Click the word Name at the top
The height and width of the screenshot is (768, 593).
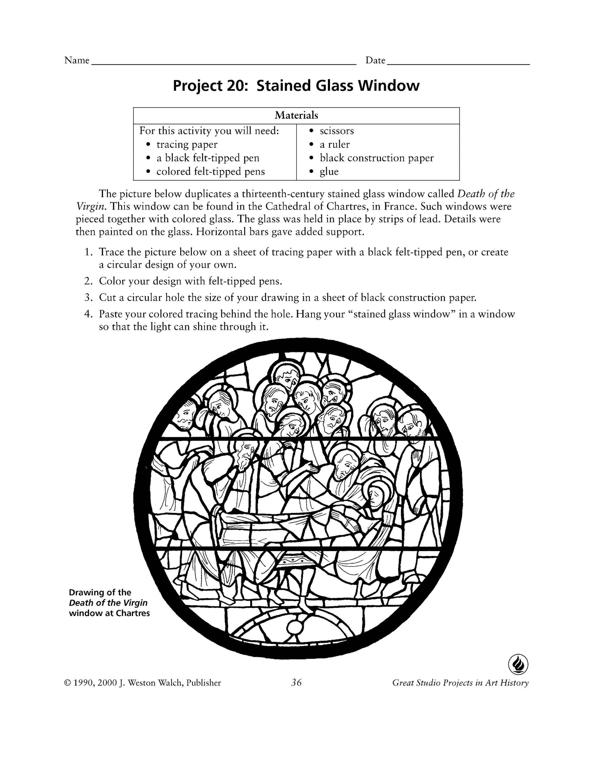click(77, 60)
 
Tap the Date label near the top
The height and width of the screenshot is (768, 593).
click(375, 60)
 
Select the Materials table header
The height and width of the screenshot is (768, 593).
click(296, 115)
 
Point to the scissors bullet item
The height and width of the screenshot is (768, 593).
click(337, 131)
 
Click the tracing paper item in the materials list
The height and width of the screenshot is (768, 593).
click(187, 145)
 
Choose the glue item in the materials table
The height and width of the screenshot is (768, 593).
click(329, 172)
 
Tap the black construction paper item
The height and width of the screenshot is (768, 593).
click(376, 158)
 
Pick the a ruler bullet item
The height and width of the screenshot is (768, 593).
click(334, 145)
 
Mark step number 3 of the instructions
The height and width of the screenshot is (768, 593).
click(87, 298)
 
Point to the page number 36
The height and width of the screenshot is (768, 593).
click(296, 683)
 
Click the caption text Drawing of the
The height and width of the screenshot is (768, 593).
click(100, 593)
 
